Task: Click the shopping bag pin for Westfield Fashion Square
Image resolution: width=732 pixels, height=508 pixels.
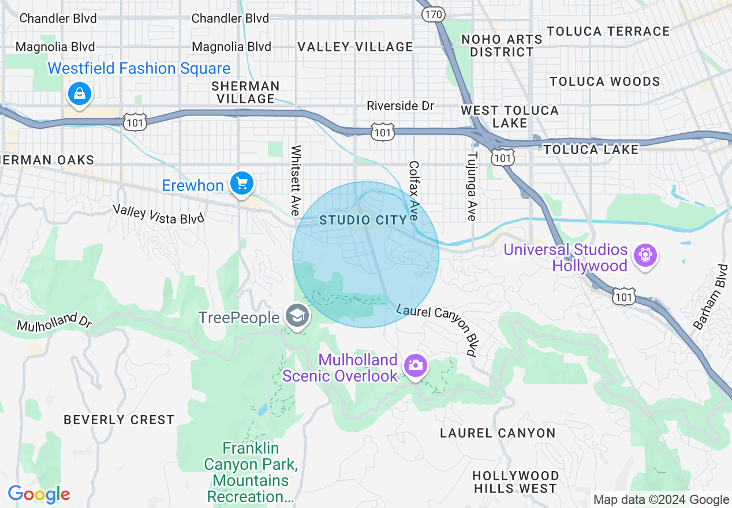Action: (x=79, y=92)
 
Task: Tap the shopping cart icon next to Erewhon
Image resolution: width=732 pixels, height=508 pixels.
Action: (x=241, y=184)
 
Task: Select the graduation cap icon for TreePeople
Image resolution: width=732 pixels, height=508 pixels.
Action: (x=298, y=316)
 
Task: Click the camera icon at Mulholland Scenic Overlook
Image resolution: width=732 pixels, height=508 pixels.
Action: (x=415, y=365)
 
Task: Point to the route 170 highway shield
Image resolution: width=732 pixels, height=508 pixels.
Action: (x=432, y=14)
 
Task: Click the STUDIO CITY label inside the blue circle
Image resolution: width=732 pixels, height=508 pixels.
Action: (x=363, y=220)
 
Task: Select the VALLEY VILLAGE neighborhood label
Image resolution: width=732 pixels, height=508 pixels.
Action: (x=356, y=47)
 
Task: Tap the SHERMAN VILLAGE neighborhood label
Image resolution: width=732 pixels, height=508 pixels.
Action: (x=245, y=92)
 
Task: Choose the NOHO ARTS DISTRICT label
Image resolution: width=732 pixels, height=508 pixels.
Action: (x=502, y=46)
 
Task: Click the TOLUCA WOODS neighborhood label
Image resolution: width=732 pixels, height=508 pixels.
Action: (x=604, y=81)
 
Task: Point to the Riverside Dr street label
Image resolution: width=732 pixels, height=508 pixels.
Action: (x=400, y=106)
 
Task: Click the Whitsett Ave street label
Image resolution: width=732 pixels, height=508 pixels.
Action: (x=296, y=181)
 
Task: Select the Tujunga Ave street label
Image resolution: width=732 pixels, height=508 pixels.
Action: (x=472, y=186)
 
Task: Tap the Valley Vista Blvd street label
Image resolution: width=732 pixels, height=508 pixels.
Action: (x=158, y=214)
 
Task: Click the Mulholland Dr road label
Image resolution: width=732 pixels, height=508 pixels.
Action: (x=55, y=322)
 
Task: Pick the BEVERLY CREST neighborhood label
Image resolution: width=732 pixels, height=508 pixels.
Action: (x=119, y=420)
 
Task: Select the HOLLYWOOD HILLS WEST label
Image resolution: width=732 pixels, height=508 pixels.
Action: (x=515, y=482)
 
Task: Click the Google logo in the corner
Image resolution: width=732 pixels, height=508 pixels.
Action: (x=39, y=494)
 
